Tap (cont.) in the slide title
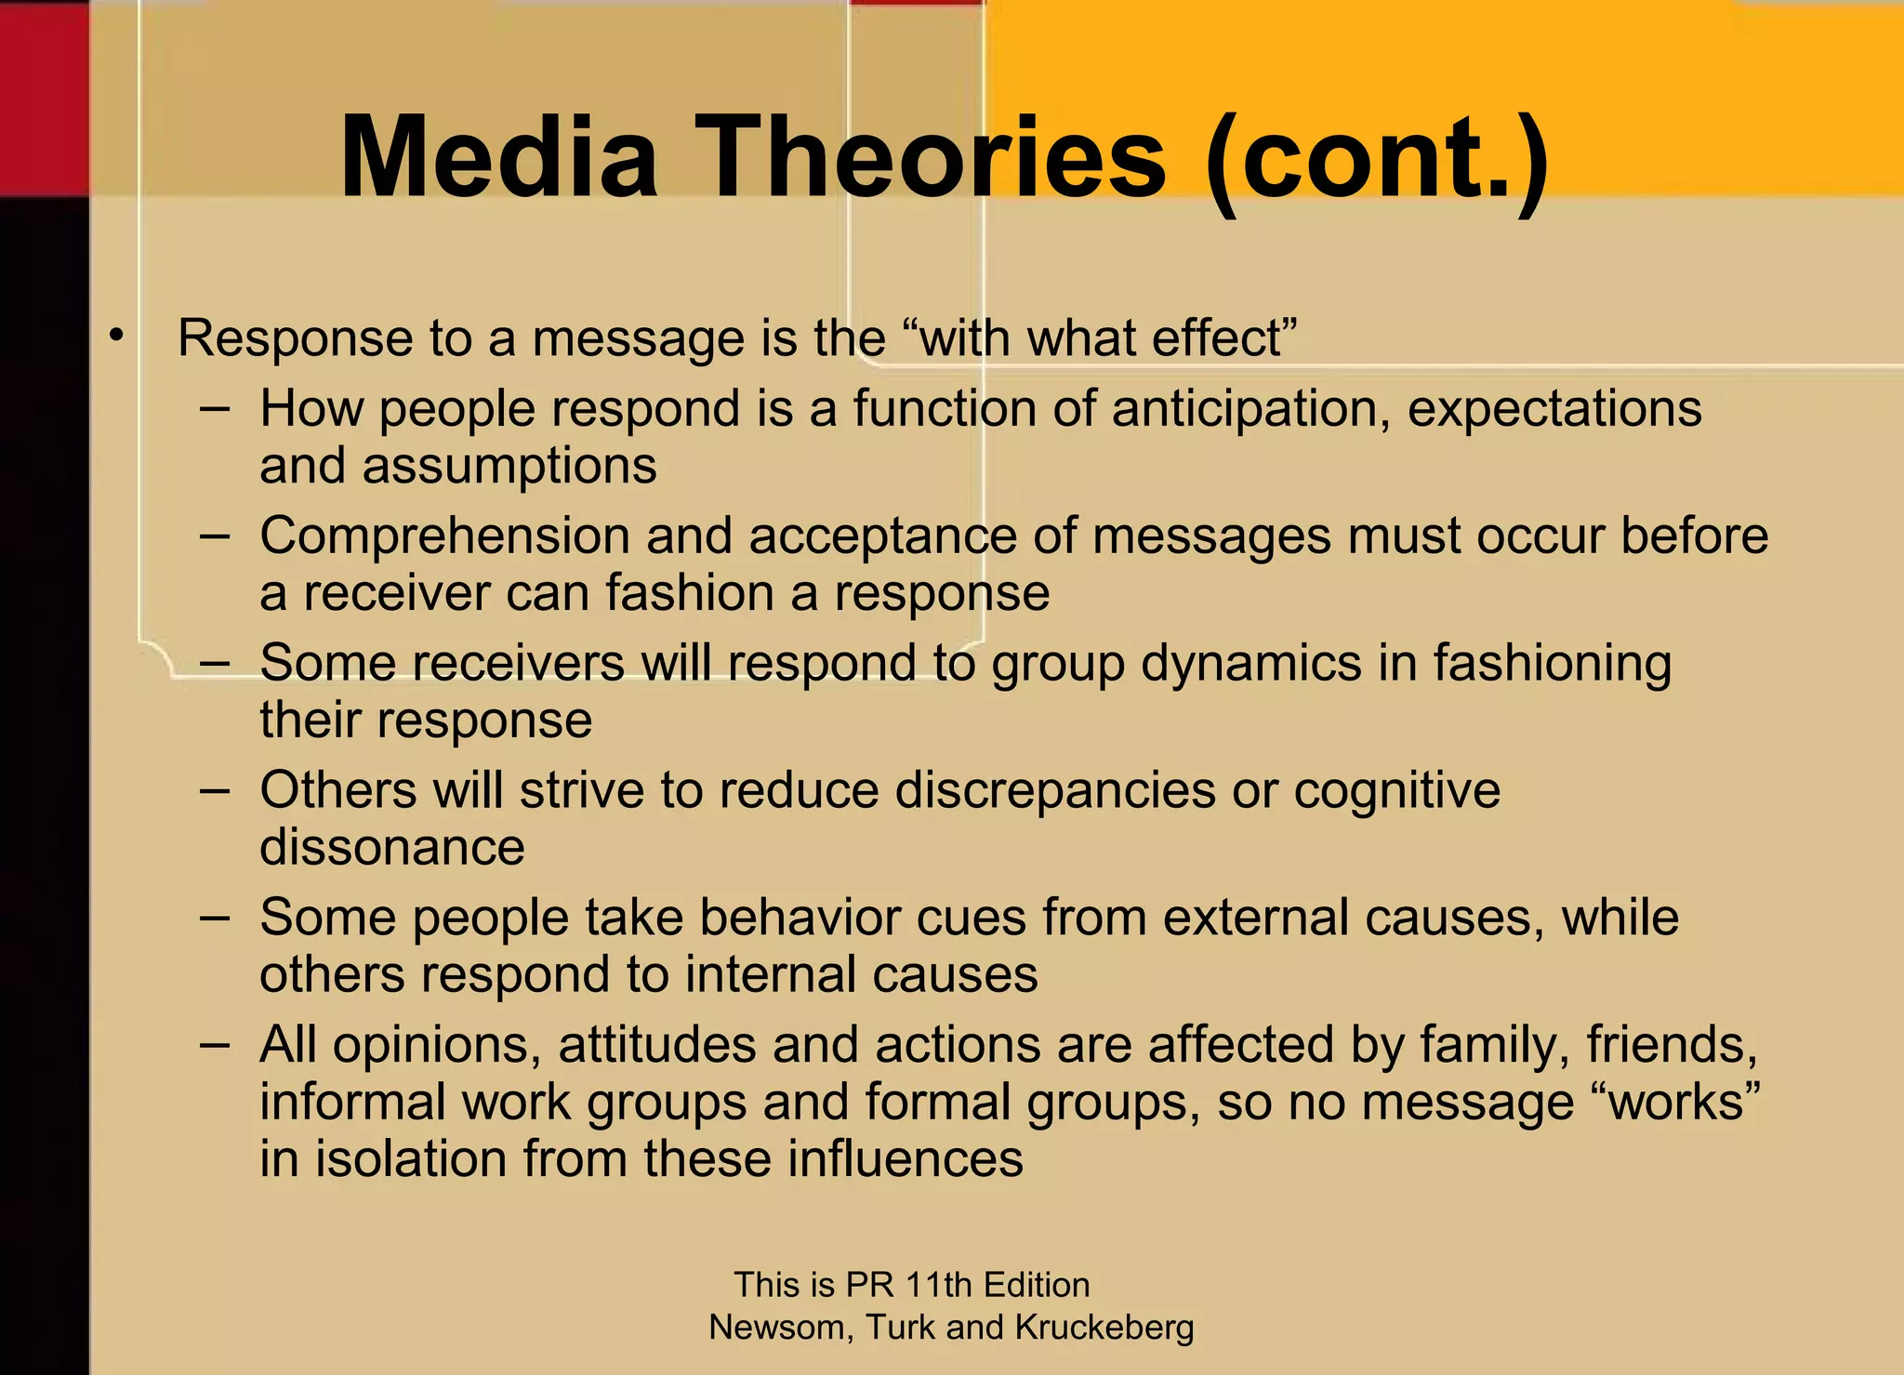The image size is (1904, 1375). [x=1376, y=158]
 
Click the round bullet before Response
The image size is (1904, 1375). [x=115, y=336]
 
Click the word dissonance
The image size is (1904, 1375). [x=391, y=848]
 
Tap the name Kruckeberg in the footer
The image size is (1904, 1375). [x=1104, y=1328]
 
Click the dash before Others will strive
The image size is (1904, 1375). [x=215, y=791]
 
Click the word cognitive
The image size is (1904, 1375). [x=1396, y=791]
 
